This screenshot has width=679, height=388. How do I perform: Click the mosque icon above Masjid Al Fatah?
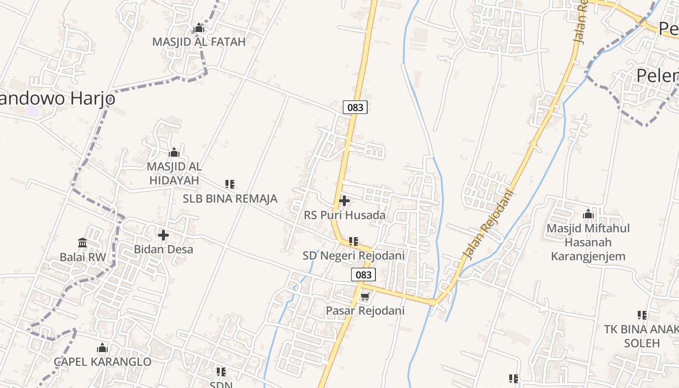[x=199, y=28]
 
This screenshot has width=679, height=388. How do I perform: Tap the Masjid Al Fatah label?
[x=199, y=42]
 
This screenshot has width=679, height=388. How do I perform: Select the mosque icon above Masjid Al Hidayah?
[x=174, y=153]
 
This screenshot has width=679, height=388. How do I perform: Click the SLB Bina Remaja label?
[x=230, y=198]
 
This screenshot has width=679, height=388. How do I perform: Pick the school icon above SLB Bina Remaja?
[x=230, y=184]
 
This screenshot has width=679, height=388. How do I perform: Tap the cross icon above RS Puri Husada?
[x=344, y=200]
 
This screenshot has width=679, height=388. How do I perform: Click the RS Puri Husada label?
[x=345, y=215]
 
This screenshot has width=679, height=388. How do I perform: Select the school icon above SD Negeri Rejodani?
[x=354, y=241]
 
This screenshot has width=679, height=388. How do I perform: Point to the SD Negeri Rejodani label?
[x=354, y=256]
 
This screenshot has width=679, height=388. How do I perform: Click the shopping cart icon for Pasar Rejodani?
[x=365, y=297]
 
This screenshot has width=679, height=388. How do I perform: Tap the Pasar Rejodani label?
[x=365, y=310]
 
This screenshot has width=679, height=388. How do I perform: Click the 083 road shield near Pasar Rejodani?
[x=363, y=275]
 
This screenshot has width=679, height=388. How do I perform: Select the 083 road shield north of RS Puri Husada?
[x=355, y=107]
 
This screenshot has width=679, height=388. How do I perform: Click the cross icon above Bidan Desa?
[x=163, y=235]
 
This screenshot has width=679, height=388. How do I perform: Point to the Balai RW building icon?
[x=82, y=242]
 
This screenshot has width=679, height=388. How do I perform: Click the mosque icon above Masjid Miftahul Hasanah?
[x=588, y=214]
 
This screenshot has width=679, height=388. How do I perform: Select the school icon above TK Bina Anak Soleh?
[x=642, y=315]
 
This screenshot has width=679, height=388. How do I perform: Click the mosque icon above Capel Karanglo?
[x=102, y=348]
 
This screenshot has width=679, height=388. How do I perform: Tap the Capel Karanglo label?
[x=102, y=362]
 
